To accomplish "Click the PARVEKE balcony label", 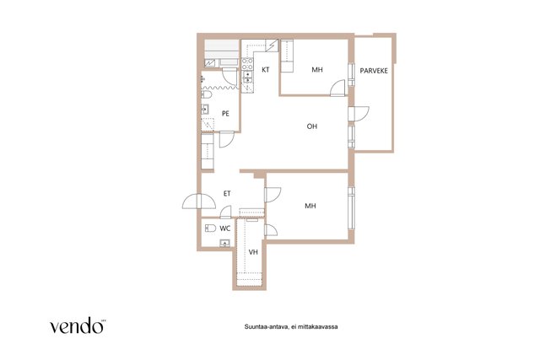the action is click(374, 71).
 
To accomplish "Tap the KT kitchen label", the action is click(266, 69).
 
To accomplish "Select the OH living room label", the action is click(311, 126).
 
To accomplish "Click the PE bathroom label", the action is click(225, 113).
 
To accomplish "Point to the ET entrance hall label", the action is click(227, 194).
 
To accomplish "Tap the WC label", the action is click(225, 228).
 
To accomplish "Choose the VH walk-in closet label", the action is click(253, 252).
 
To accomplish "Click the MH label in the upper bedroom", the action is click(317, 69).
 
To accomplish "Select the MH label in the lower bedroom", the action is click(310, 206).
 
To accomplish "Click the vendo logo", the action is click(78, 325).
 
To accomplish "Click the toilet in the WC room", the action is click(210, 228).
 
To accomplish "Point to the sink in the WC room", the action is click(224, 243).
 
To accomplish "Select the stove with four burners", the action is click(247, 64).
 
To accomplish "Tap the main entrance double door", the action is click(199, 201).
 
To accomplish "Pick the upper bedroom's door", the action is click(337, 89).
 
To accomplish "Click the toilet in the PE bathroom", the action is click(206, 94).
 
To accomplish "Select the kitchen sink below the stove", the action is click(247, 77).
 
